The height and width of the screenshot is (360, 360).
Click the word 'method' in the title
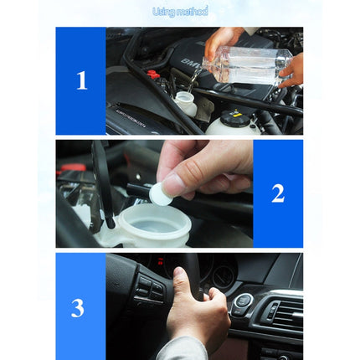pyautogui.click(x=193, y=12)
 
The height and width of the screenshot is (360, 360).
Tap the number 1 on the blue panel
pyautogui.click(x=81, y=81)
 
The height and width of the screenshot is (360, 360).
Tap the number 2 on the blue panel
pyautogui.click(x=278, y=193)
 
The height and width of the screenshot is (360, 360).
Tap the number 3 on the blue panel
pyautogui.click(x=78, y=307)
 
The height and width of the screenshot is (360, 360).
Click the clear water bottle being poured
pyautogui.click(x=247, y=62)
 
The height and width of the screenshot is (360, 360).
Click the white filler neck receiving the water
pyautogui.click(x=186, y=102)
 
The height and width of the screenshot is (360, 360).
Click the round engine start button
pyautogui.click(x=243, y=301)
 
